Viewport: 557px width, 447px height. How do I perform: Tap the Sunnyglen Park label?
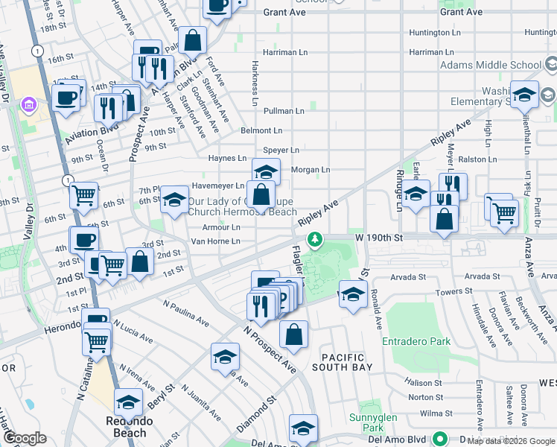click(x=366, y=422)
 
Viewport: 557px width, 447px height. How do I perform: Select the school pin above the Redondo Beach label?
click(x=129, y=402)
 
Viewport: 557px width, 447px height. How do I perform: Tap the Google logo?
click(x=25, y=438)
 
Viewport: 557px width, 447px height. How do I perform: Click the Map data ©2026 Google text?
click(x=511, y=442)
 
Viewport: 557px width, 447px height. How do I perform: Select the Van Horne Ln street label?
click(x=215, y=241)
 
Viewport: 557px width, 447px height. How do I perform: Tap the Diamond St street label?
click(x=257, y=410)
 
